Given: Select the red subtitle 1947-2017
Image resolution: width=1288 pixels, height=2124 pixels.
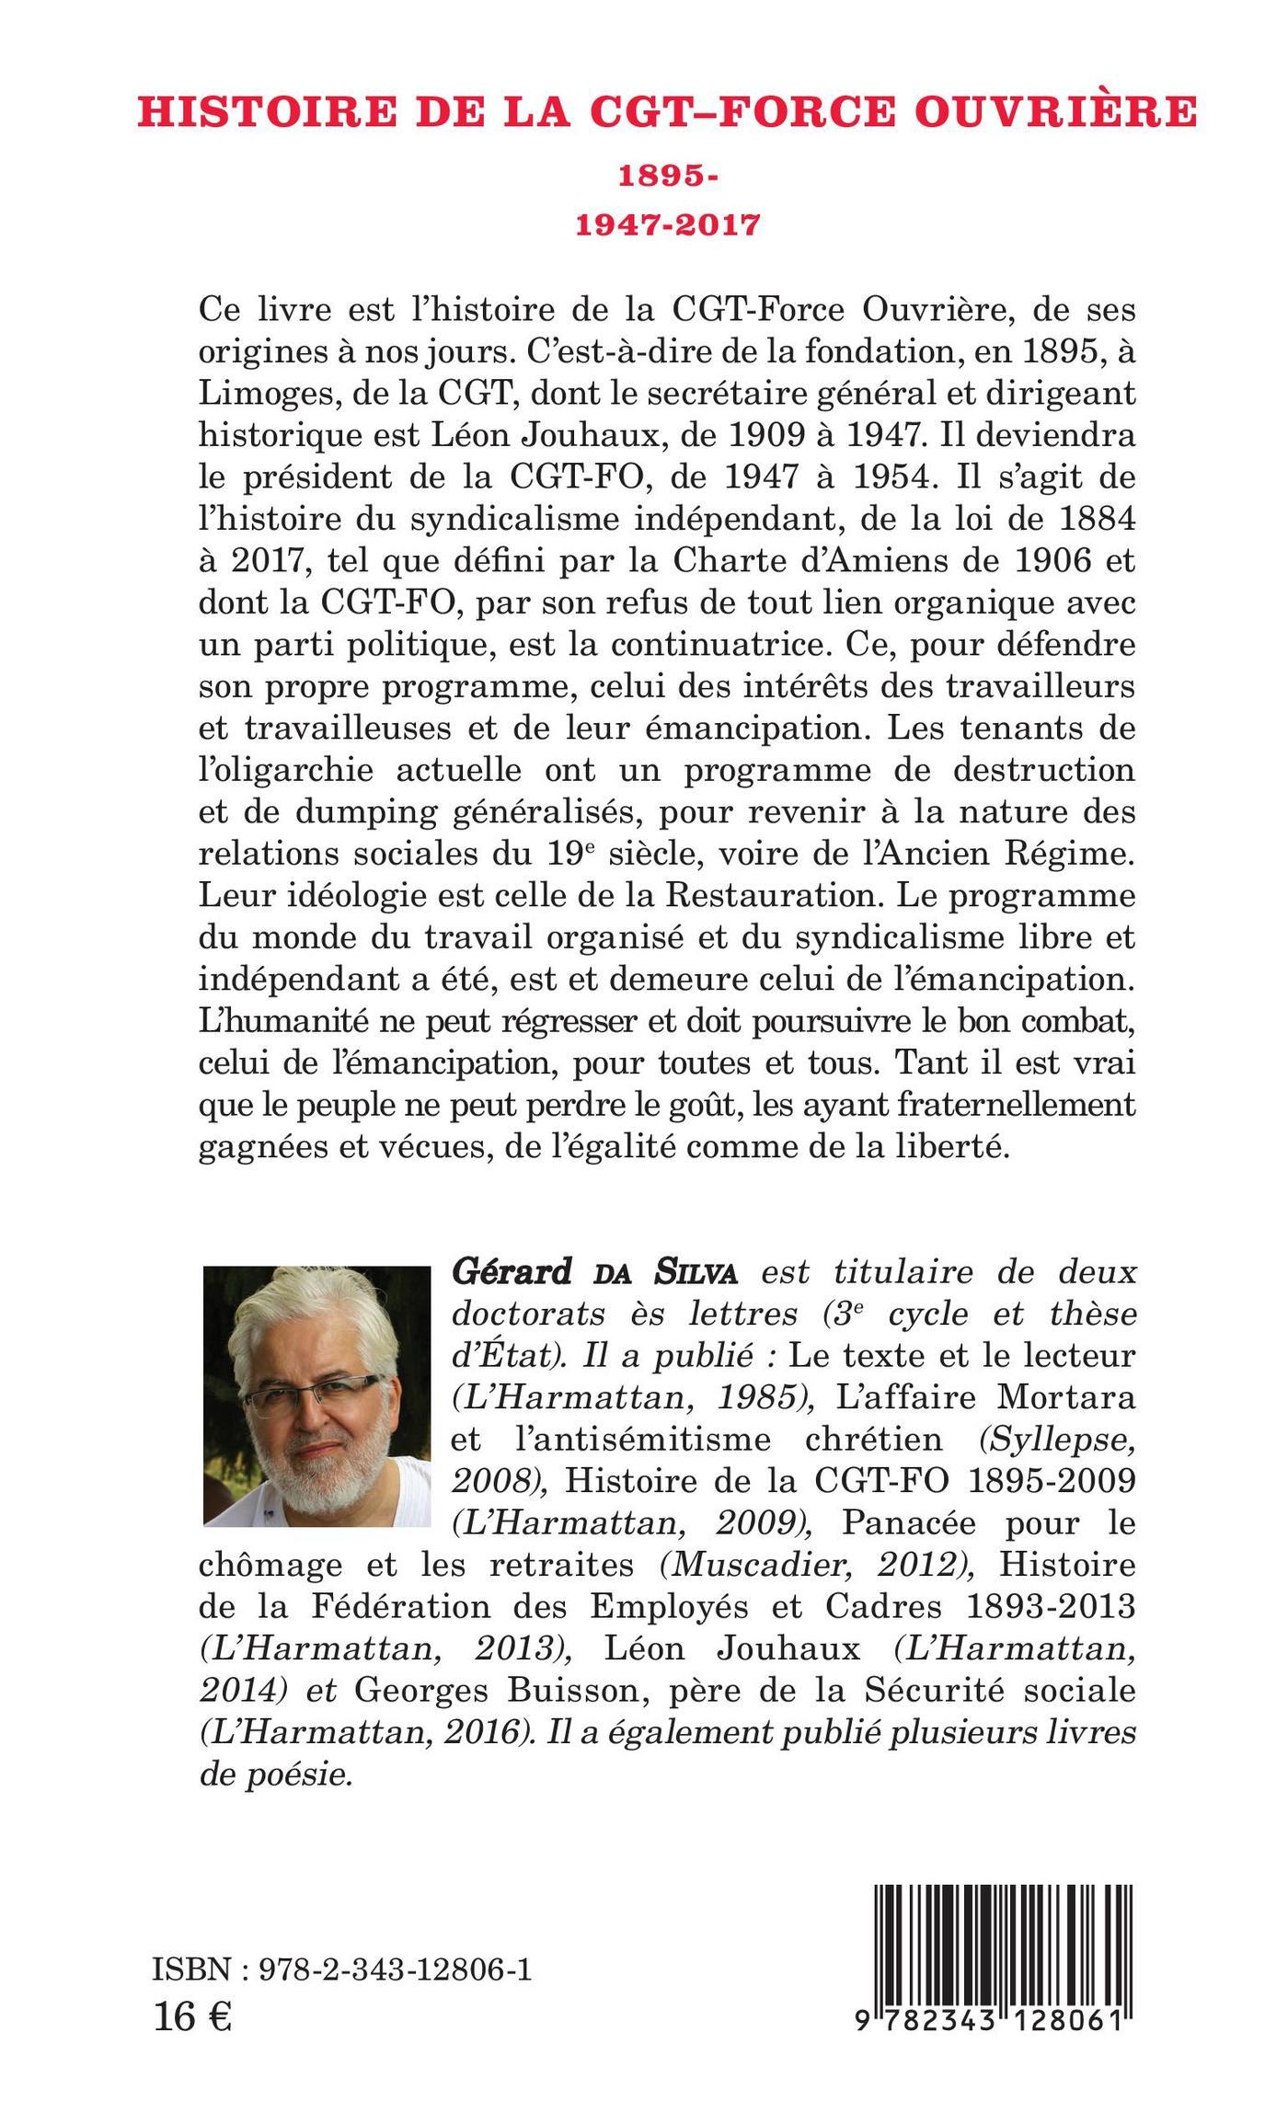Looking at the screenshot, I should pyautogui.click(x=668, y=224).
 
